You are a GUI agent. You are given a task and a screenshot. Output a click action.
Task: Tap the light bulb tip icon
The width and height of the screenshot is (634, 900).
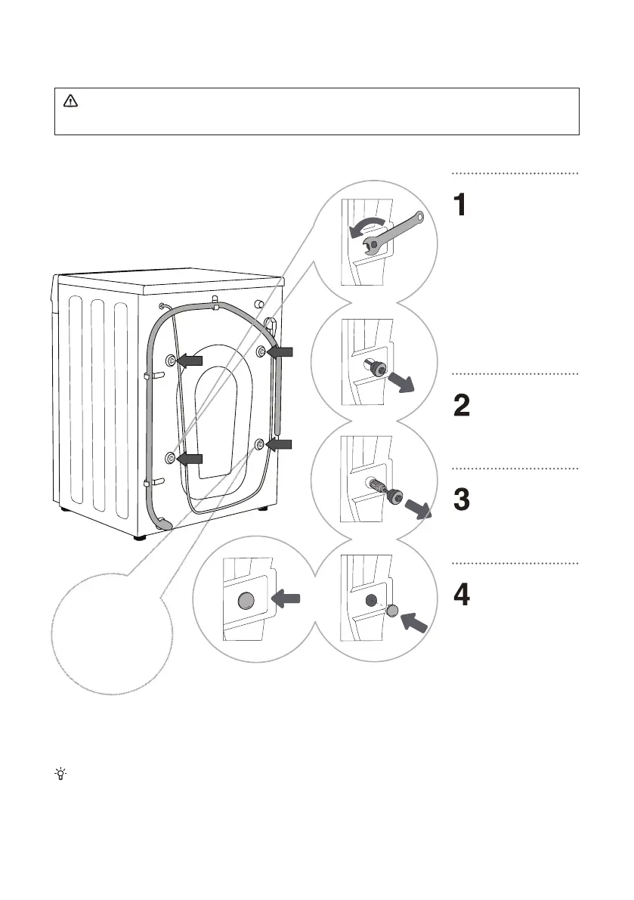pyautogui.click(x=59, y=774)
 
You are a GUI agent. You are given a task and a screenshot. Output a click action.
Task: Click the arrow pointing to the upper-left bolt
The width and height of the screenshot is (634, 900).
pyautogui.click(x=190, y=361)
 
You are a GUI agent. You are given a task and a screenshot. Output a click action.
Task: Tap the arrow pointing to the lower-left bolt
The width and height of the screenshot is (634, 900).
pyautogui.click(x=190, y=458)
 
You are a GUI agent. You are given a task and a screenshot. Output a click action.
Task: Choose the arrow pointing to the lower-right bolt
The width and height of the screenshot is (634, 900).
pyautogui.click(x=280, y=446)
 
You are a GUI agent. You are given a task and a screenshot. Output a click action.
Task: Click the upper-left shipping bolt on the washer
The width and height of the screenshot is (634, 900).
pyautogui.click(x=170, y=361)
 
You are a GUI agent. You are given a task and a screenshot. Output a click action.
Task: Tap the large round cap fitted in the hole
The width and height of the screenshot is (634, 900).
pyautogui.click(x=246, y=601)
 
